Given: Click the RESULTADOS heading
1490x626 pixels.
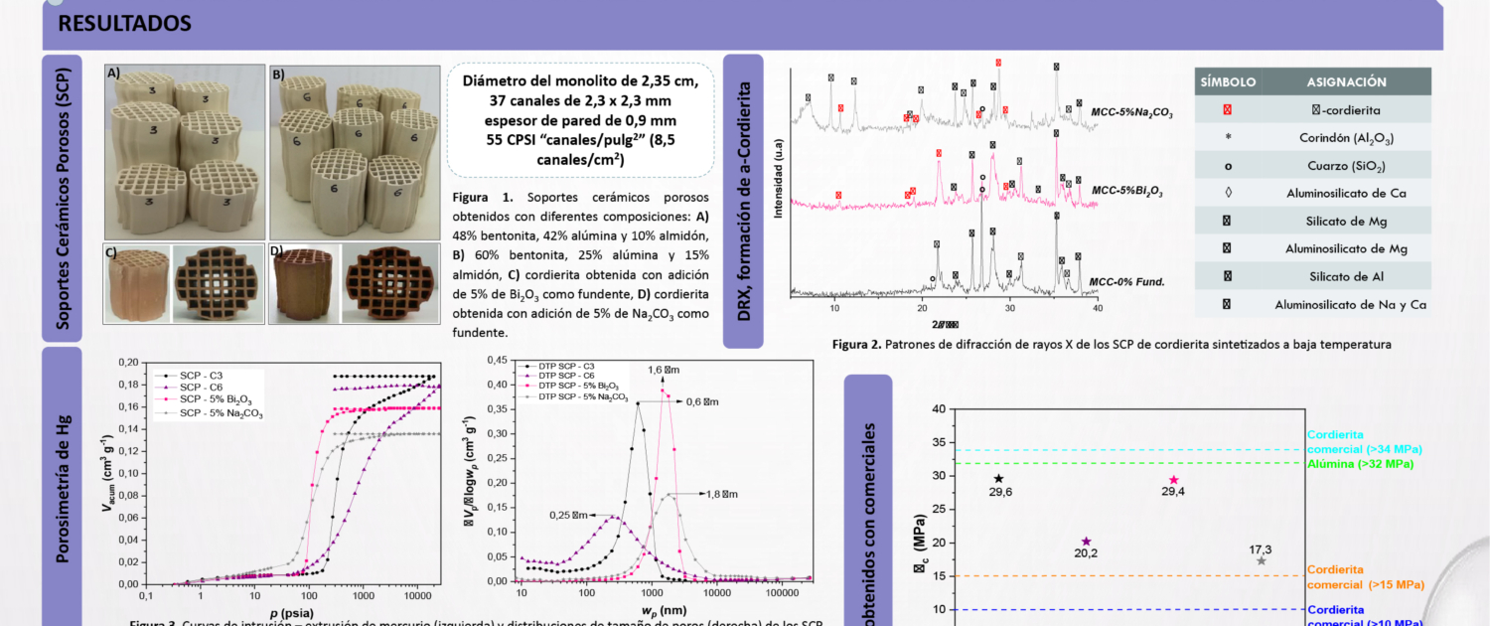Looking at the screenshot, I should pyautogui.click(x=125, y=23).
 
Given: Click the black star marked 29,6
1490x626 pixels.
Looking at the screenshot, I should pyautogui.click(x=998, y=479).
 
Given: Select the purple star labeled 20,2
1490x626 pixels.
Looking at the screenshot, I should pyautogui.click(x=1086, y=542).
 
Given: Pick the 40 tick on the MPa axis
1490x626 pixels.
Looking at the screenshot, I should pyautogui.click(x=939, y=408).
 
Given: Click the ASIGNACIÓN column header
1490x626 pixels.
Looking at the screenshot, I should pyautogui.click(x=1348, y=81).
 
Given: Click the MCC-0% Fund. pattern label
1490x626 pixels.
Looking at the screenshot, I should pyautogui.click(x=1128, y=282).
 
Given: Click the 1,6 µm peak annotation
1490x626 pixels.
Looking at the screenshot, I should pyautogui.click(x=660, y=370).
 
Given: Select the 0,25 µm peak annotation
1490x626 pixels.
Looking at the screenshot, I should pyautogui.click(x=569, y=515).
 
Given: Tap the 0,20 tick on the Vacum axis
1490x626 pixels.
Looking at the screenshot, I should pyautogui.click(x=128, y=359).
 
